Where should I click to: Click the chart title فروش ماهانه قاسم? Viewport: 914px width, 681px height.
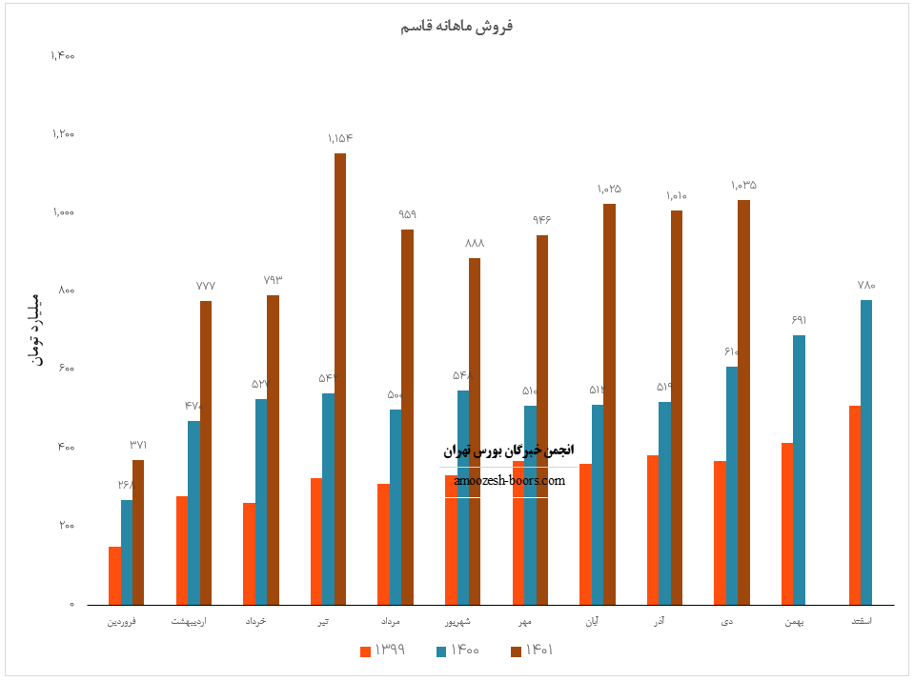point(457,26)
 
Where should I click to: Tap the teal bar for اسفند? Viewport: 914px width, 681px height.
point(866,452)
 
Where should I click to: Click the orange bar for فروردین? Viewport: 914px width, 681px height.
point(115,575)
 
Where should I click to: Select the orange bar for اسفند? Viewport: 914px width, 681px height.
point(855,505)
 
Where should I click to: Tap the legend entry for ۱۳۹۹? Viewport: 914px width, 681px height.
point(382,651)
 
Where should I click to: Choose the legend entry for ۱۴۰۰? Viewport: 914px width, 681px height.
point(457,651)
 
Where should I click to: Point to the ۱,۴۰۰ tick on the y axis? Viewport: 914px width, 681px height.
point(63,55)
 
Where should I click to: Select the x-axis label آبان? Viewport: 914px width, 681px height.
point(597,622)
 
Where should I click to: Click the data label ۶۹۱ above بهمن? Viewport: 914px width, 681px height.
point(799,320)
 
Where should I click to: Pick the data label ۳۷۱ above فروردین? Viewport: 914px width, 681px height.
point(138,445)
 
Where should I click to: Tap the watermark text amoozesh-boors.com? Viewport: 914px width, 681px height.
point(510,480)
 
